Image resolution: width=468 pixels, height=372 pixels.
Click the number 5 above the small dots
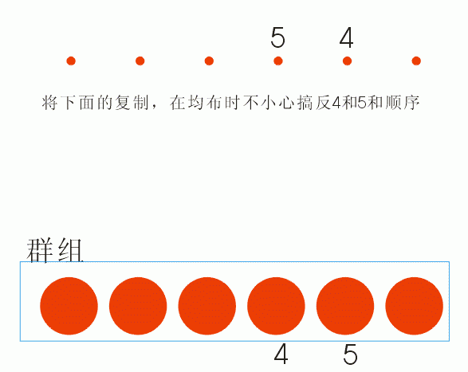(x=278, y=37)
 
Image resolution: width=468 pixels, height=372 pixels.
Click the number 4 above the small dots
(x=347, y=37)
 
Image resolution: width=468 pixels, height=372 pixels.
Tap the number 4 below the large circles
(x=281, y=354)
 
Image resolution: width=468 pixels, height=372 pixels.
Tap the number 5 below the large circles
(x=350, y=354)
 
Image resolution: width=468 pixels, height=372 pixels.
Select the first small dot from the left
(x=71, y=61)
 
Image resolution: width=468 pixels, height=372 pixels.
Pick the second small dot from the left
(x=140, y=61)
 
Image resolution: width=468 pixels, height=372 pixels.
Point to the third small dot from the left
(x=209, y=61)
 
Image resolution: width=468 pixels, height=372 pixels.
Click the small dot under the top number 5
(x=278, y=61)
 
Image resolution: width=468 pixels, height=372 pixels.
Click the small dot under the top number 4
(x=347, y=61)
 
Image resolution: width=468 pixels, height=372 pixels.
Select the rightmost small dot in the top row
(x=416, y=61)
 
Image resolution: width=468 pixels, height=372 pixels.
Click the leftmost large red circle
(x=69, y=306)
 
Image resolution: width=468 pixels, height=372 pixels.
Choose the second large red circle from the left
(x=138, y=306)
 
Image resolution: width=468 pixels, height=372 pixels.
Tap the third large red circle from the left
(x=207, y=306)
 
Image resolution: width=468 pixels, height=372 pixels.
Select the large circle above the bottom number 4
(x=276, y=306)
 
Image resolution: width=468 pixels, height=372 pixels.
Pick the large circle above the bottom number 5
(x=345, y=306)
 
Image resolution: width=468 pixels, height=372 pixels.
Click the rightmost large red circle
(x=415, y=306)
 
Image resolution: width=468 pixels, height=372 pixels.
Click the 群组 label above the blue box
(x=55, y=251)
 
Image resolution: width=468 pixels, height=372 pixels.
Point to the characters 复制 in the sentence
(x=132, y=103)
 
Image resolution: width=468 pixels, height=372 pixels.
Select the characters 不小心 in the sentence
(x=269, y=103)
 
